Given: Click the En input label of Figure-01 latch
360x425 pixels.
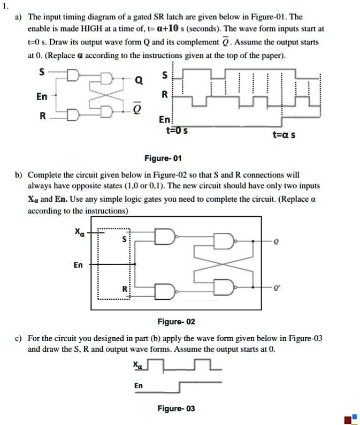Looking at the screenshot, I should point(41,97).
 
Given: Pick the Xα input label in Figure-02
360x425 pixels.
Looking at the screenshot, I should point(79,232).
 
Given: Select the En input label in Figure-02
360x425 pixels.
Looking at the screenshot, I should point(78,264).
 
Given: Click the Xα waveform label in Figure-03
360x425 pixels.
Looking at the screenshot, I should point(138,365).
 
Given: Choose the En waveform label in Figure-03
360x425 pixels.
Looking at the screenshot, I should point(139,385).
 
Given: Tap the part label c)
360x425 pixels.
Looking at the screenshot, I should point(19,339).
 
